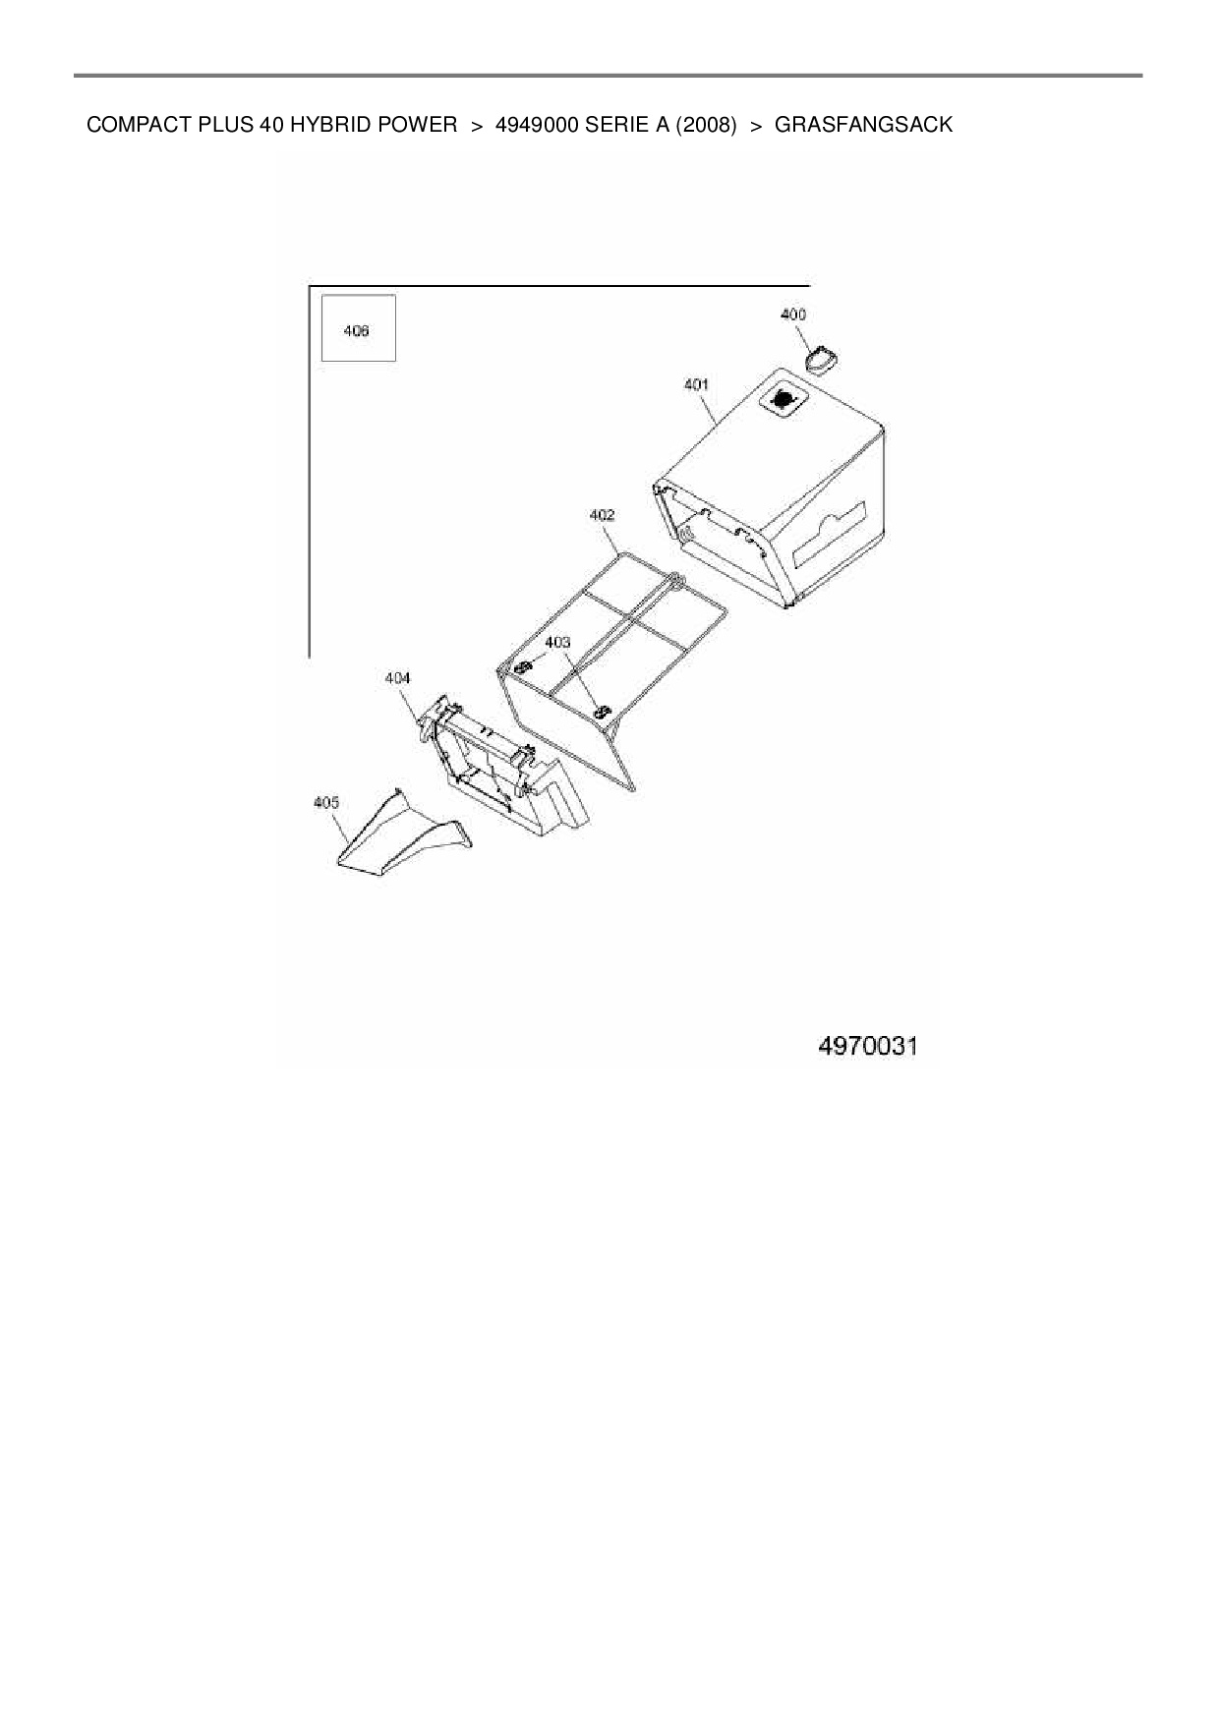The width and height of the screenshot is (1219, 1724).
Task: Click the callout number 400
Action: click(792, 315)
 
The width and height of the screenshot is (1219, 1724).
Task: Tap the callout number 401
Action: click(696, 384)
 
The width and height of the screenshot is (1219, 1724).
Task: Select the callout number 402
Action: click(602, 515)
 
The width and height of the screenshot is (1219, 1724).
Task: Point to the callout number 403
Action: click(557, 643)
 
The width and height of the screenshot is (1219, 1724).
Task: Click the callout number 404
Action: click(397, 678)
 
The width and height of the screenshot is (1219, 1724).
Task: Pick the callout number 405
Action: click(325, 803)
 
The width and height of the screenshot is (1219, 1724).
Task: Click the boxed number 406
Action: click(357, 331)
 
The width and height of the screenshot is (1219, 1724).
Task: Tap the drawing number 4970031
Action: click(867, 1046)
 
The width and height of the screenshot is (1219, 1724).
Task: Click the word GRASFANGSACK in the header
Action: click(863, 126)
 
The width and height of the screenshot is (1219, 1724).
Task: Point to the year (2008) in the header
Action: click(705, 126)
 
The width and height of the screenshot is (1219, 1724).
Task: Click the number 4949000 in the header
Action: click(538, 126)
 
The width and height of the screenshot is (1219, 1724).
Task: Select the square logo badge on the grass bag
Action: click(784, 398)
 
